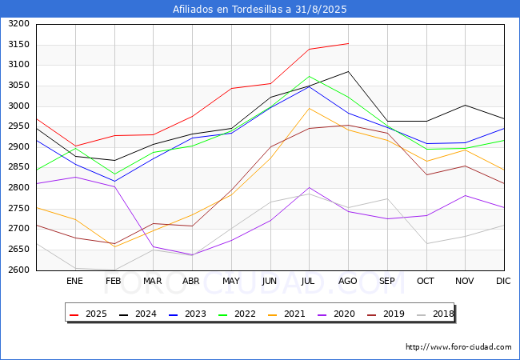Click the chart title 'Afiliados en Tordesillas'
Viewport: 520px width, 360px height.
click(x=260, y=10)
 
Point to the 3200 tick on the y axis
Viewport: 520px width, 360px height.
click(x=18, y=24)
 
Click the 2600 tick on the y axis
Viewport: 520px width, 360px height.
click(x=18, y=270)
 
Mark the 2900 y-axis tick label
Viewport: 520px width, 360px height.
click(x=18, y=147)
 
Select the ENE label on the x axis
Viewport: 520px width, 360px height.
click(x=74, y=282)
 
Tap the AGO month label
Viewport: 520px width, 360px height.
click(x=348, y=282)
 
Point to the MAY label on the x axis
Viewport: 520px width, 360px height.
click(x=231, y=282)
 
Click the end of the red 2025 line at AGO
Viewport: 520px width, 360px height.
click(x=348, y=43)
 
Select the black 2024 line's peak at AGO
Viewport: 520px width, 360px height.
click(x=348, y=72)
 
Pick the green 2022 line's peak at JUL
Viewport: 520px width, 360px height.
click(x=309, y=77)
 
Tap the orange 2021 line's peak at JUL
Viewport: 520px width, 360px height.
click(x=309, y=108)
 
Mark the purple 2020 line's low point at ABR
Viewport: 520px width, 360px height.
click(x=192, y=255)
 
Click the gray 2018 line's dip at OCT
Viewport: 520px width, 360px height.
click(x=426, y=243)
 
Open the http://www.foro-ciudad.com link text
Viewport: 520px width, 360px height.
click(x=458, y=347)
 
